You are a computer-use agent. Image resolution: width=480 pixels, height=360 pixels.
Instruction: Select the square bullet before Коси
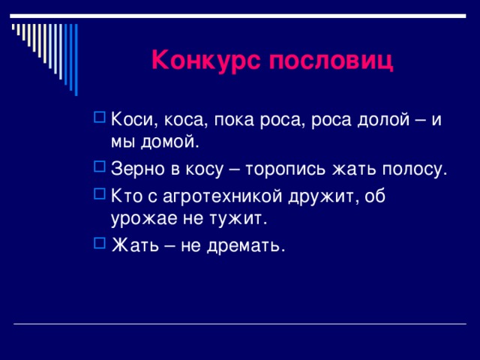coord(100,118)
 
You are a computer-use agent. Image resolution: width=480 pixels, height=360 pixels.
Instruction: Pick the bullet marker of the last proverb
coord(100,244)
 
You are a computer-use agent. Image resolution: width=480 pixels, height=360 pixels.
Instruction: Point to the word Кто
coord(125,196)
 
